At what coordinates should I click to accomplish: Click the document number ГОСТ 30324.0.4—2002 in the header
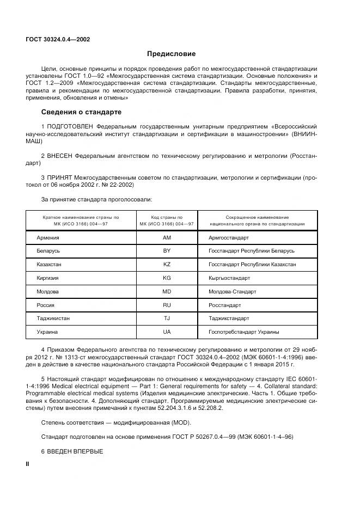tap(58, 40)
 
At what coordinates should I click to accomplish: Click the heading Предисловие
tap(171, 54)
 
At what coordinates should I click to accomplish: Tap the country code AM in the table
tap(167, 238)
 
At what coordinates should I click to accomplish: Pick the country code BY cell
tap(167, 251)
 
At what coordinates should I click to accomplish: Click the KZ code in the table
tap(167, 264)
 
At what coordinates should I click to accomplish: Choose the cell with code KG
tap(167, 278)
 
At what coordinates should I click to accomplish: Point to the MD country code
tap(167, 291)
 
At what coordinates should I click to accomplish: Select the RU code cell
tap(167, 305)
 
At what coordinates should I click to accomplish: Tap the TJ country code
tap(167, 318)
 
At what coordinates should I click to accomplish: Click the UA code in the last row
tap(167, 332)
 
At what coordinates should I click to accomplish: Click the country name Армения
tap(48, 238)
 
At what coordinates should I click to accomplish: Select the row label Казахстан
tap(49, 264)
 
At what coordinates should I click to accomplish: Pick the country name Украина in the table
tap(47, 332)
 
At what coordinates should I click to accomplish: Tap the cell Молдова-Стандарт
tap(232, 291)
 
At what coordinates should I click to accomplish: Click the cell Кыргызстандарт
tap(229, 278)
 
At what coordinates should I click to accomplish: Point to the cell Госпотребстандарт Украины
tap(244, 332)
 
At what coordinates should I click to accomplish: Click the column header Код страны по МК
tap(167, 220)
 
